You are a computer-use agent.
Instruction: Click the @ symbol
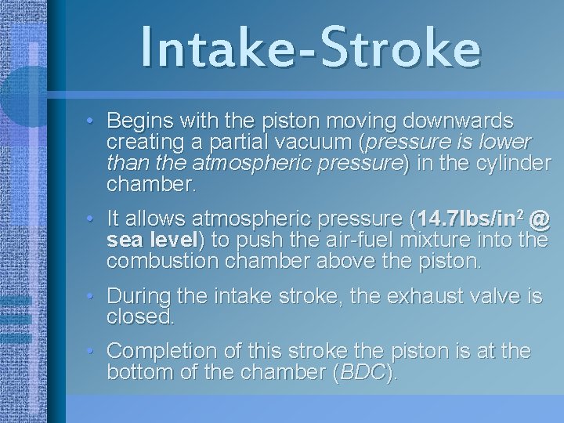539,218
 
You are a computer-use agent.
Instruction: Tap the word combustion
164,260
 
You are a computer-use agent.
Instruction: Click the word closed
140,317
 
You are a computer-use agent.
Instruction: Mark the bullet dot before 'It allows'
91,218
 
